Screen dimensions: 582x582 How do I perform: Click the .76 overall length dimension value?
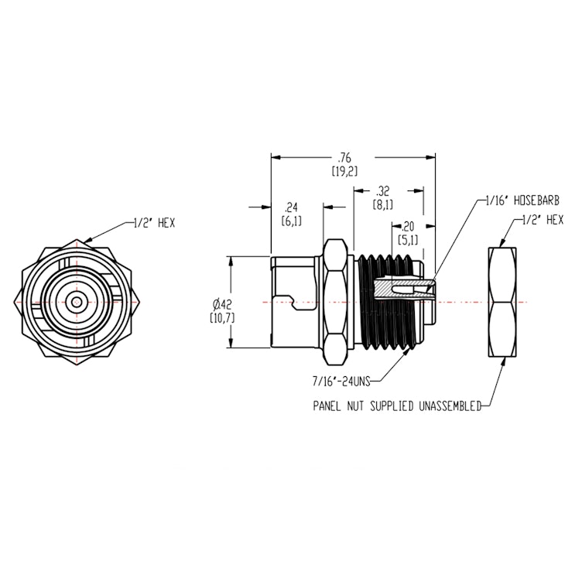pyautogui.click(x=345, y=158)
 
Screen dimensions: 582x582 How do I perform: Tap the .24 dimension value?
pyautogui.click(x=292, y=207)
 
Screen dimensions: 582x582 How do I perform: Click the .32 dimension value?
pyautogui.click(x=383, y=191)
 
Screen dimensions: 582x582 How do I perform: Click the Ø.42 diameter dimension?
pyautogui.click(x=221, y=303)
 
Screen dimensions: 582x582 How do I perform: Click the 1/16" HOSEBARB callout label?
pyautogui.click(x=516, y=200)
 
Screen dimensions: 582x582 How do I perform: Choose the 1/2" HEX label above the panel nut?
pyautogui.click(x=542, y=220)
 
